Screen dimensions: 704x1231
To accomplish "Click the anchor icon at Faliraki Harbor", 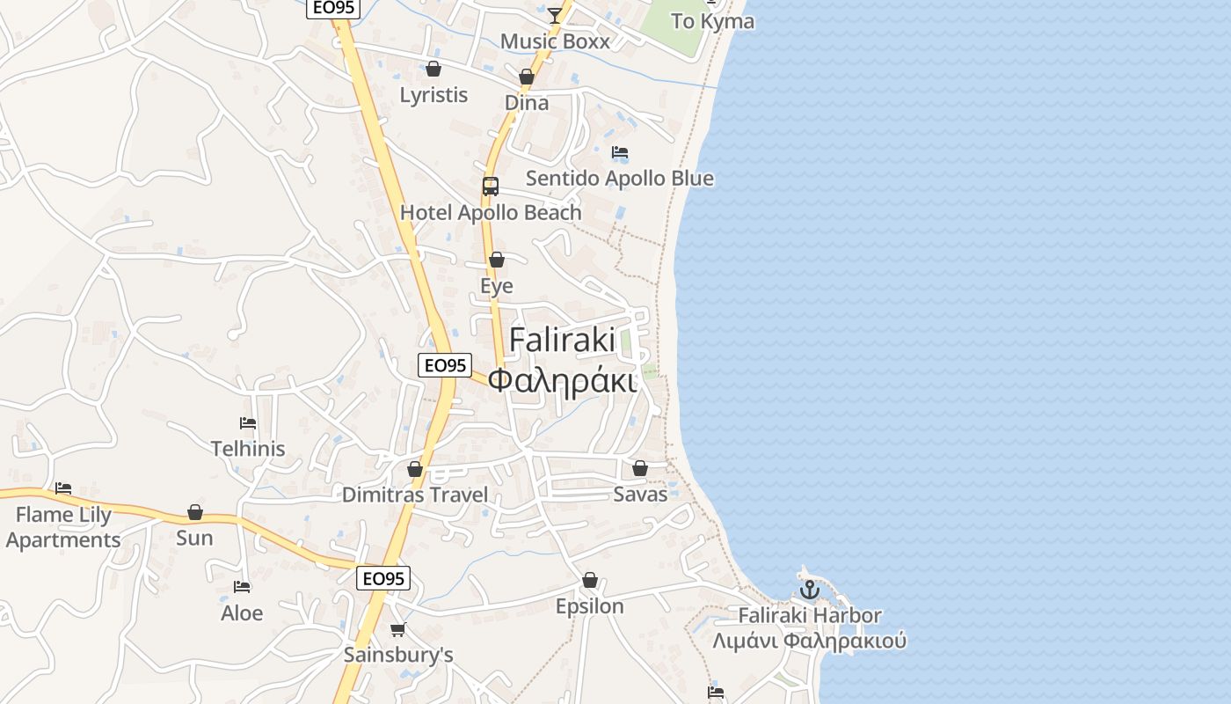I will [x=809, y=590].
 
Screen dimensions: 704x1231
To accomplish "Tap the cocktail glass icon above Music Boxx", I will [x=555, y=15].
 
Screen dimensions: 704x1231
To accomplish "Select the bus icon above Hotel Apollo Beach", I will [x=491, y=187].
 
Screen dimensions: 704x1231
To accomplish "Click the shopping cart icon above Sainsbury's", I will [x=398, y=629].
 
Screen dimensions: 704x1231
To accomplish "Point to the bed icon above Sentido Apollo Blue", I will [x=620, y=152].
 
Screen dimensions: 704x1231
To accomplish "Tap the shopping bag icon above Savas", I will [x=640, y=468].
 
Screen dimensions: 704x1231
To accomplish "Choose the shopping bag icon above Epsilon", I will [x=590, y=581].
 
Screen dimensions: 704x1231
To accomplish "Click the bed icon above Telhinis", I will [x=248, y=423].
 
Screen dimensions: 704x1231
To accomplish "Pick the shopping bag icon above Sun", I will [x=195, y=512].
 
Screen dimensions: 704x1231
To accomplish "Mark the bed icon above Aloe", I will [x=242, y=587].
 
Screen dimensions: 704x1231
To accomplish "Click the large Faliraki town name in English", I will [x=563, y=341].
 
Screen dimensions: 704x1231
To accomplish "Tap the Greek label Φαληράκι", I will [x=562, y=381].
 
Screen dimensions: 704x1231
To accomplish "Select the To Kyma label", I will [x=712, y=21].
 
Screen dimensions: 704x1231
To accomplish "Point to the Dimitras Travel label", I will [x=414, y=495].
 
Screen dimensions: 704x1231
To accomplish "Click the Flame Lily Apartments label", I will [x=63, y=527].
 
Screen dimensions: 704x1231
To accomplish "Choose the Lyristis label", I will [x=433, y=95].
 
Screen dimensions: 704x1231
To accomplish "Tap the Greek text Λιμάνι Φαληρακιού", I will [x=809, y=641].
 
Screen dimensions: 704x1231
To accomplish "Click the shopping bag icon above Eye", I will [x=497, y=260].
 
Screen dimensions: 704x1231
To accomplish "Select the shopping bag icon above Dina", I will [x=527, y=77].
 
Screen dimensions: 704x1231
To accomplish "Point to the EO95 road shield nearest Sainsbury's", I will [x=384, y=578].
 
